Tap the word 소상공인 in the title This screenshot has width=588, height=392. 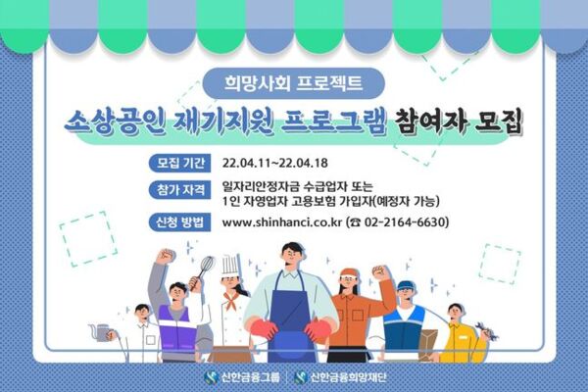113,122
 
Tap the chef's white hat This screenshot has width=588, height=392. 230,264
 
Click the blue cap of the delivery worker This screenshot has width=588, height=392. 406,286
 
